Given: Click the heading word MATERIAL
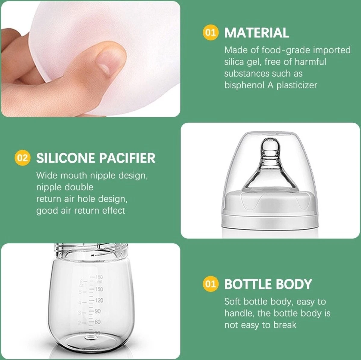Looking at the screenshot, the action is pyautogui.click(x=257, y=33).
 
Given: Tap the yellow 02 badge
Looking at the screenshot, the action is pyautogui.click(x=22, y=158).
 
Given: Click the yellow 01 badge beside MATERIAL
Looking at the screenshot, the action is pyautogui.click(x=211, y=32).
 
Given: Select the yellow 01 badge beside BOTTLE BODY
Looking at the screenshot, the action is pyautogui.click(x=211, y=284).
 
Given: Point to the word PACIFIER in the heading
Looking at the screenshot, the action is pyautogui.click(x=127, y=158).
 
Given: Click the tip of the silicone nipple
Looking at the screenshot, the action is pyautogui.click(x=270, y=139).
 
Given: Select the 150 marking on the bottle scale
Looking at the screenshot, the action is pyautogui.click(x=99, y=289).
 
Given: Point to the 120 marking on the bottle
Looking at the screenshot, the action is pyautogui.click(x=99, y=300).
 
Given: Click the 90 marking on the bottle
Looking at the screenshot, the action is pyautogui.click(x=97, y=311).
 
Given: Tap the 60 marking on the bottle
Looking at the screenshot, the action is pyautogui.click(x=97, y=322).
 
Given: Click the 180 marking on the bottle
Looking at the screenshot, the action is pyautogui.click(x=99, y=277).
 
